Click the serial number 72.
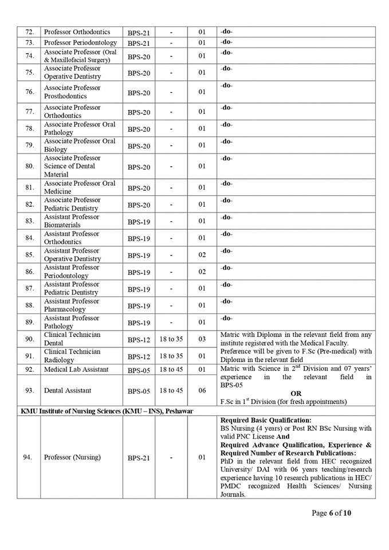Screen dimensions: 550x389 [x=30, y=32]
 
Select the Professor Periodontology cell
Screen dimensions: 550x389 [x=80, y=43]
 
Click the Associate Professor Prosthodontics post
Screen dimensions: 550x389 [x=72, y=92]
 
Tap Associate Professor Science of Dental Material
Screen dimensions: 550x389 [x=72, y=166]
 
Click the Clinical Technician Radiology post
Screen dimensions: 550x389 [x=72, y=356]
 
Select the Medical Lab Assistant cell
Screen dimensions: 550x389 [x=76, y=370]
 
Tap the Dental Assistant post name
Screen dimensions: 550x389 [x=68, y=391]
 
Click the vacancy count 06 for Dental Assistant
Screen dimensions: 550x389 [x=202, y=391]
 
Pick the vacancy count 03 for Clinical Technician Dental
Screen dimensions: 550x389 [x=202, y=339]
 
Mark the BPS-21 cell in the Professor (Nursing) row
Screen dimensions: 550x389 [x=139, y=458]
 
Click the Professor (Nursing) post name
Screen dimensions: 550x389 [x=72, y=457]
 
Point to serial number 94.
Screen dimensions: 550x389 [x=30, y=457]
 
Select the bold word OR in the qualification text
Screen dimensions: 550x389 [x=296, y=394]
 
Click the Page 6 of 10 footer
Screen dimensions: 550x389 [x=332, y=513]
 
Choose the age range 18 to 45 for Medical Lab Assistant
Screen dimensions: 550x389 [x=171, y=370]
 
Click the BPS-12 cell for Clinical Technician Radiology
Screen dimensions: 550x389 [x=139, y=356]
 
